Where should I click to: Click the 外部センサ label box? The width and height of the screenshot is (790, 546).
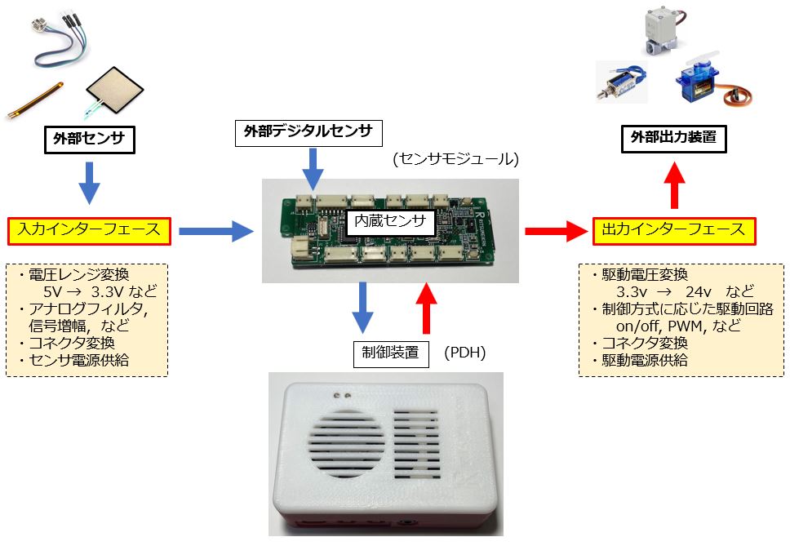(x=88, y=140)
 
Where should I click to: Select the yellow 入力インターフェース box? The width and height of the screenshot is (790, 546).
(x=88, y=230)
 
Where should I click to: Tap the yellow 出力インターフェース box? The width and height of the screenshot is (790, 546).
(x=673, y=230)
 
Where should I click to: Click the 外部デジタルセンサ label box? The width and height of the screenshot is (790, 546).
(x=308, y=131)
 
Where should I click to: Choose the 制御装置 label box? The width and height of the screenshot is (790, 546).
(x=391, y=353)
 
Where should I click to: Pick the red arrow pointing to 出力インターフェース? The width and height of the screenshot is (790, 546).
(x=557, y=231)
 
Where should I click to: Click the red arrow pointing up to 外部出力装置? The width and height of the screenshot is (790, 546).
(x=673, y=184)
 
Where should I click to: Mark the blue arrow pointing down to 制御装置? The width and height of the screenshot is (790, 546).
(x=362, y=309)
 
